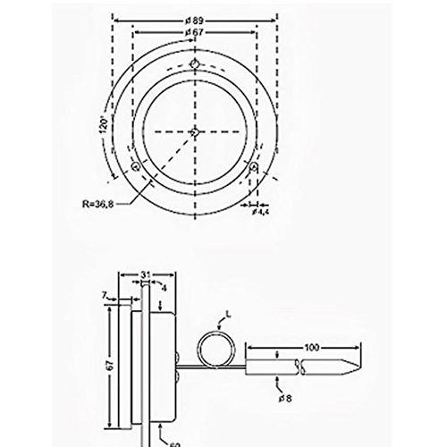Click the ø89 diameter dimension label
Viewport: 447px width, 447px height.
tap(194, 21)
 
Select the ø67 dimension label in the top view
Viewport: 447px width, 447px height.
tap(194, 32)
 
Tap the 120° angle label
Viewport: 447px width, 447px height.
tap(104, 126)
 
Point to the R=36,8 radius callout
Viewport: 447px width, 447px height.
tap(97, 204)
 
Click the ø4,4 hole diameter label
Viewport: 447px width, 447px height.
tap(260, 212)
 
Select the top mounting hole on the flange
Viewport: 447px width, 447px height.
tap(195, 63)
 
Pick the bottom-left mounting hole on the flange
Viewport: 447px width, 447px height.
tap(136, 166)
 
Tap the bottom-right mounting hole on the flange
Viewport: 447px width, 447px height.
tap(254, 166)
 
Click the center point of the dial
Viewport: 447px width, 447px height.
tap(195, 131)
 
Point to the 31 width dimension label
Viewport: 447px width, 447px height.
tap(145, 274)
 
